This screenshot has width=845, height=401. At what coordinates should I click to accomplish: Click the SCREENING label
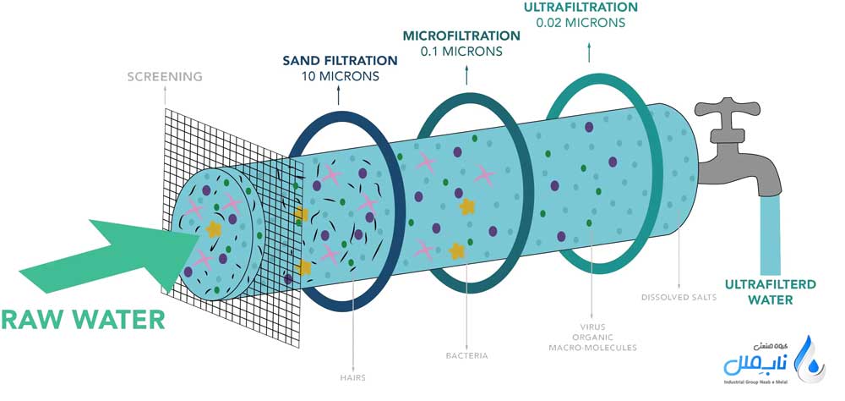(x=165, y=77)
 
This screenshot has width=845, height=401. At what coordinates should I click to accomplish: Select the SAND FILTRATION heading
(x=340, y=61)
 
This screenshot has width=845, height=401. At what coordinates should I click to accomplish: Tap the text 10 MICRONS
(x=340, y=76)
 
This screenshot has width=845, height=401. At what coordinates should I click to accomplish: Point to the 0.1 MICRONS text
(x=461, y=51)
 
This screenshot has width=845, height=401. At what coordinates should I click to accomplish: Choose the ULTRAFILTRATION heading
(x=581, y=8)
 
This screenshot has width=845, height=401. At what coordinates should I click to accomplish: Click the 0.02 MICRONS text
(x=581, y=23)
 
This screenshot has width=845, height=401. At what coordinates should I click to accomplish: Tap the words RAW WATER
(x=83, y=320)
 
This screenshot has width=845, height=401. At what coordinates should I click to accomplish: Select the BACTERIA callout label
(x=466, y=356)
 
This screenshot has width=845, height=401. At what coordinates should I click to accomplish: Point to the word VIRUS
(x=591, y=325)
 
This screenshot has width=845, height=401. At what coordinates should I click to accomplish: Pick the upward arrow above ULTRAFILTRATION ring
(x=588, y=53)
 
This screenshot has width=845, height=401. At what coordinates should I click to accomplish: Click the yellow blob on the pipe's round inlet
(x=214, y=228)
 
